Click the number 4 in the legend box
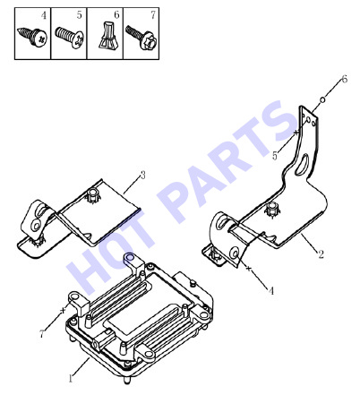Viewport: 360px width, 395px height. [44, 15]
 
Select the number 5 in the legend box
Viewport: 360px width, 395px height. [79, 15]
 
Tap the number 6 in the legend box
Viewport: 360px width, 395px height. [116, 14]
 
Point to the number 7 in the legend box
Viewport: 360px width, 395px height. [153, 14]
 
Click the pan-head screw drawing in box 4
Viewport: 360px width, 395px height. [32, 37]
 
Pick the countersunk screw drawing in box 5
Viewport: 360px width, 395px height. [69, 37]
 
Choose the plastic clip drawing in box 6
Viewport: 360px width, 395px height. [107, 35]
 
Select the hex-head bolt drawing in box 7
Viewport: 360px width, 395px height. [141, 37]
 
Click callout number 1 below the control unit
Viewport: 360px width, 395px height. [71, 379]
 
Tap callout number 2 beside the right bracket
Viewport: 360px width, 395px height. [321, 254]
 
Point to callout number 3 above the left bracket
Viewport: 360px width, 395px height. [143, 176]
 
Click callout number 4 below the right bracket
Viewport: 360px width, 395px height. [271, 290]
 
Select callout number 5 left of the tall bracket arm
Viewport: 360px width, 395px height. [275, 156]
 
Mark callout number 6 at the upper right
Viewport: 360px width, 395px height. [344, 80]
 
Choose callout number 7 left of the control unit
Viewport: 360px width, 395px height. [42, 334]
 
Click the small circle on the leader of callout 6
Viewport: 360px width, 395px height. [322, 99]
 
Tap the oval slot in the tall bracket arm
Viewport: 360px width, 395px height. [302, 164]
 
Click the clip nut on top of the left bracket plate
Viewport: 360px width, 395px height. [93, 195]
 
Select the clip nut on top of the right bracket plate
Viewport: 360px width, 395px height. [271, 210]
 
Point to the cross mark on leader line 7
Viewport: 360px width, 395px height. [63, 310]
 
